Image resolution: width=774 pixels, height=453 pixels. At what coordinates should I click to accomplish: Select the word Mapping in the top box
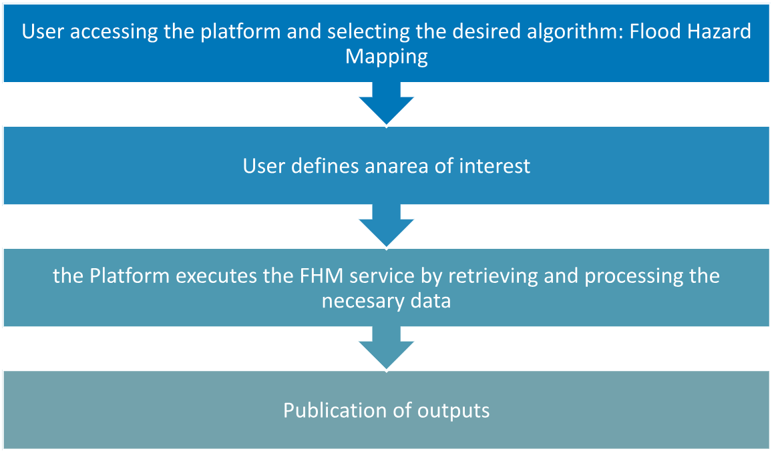tap(387, 57)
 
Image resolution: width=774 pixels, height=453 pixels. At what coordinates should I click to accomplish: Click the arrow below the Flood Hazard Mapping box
tap(387, 103)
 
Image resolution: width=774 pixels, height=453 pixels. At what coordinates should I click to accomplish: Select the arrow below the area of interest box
tap(387, 225)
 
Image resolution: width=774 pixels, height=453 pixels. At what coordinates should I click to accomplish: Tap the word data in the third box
tap(430, 301)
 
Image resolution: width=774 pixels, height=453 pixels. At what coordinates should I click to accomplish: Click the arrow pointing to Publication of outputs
tap(387, 347)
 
